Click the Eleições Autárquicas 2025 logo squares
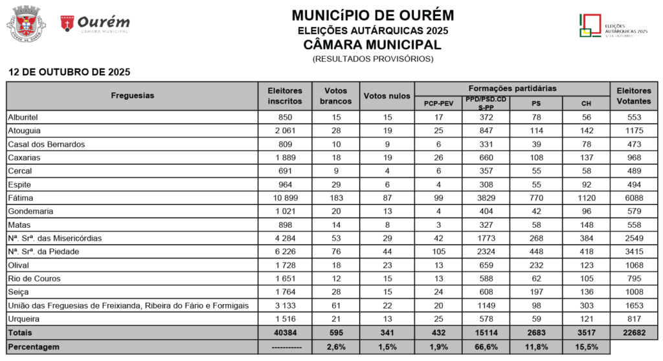pyautogui.click(x=589, y=26)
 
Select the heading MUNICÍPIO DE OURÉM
pyautogui.click(x=372, y=15)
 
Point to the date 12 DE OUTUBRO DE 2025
pyautogui.click(x=69, y=72)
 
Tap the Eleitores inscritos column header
pyautogui.click(x=285, y=96)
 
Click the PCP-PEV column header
pyautogui.click(x=438, y=103)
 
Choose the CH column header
pyautogui.click(x=585, y=103)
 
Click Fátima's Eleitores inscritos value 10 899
pyautogui.click(x=285, y=198)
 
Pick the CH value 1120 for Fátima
pyautogui.click(x=585, y=198)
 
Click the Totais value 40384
pyautogui.click(x=285, y=333)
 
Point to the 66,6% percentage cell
pyautogui.click(x=486, y=347)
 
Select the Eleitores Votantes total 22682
pyautogui.click(x=634, y=333)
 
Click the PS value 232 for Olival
pyautogui.click(x=536, y=266)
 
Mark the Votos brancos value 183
pyautogui.click(x=336, y=198)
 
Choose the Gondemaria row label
pyautogui.click(x=30, y=212)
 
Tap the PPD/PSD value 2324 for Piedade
pyautogui.click(x=486, y=252)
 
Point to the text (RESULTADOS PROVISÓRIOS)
pyautogui.click(x=372, y=59)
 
